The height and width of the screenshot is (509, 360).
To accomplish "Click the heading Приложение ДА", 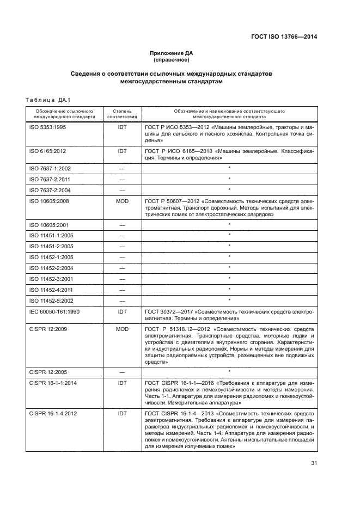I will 172,53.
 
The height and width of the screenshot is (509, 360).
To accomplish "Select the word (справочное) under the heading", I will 172,59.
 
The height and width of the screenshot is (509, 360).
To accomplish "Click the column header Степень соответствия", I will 122,113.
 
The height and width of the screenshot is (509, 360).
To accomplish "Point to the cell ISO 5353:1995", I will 47,127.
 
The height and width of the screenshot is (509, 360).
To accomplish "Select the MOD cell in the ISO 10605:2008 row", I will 122,201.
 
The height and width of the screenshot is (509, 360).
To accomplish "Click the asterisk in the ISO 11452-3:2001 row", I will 229,279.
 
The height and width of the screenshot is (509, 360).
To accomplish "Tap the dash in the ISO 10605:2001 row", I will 122,225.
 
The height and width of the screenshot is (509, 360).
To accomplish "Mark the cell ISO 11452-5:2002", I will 48,300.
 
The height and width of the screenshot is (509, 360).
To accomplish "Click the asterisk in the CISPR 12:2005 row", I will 229,371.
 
